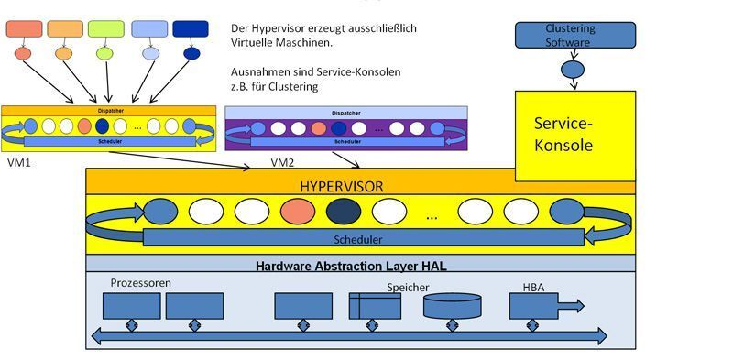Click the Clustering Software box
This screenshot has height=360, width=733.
[x=574, y=36]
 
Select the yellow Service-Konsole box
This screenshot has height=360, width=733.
[x=574, y=134]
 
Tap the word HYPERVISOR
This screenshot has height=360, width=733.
[x=342, y=186]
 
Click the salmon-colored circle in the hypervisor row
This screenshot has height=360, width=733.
[x=298, y=212]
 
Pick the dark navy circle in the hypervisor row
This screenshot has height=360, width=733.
[x=344, y=212]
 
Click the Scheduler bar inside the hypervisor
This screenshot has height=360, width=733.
[x=363, y=238]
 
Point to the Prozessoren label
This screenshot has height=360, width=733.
[x=140, y=283]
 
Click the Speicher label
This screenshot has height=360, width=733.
[x=408, y=287]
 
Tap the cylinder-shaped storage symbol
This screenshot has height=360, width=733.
[x=452, y=306]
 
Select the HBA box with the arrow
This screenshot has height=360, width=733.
[x=541, y=306]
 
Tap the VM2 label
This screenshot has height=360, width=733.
[x=284, y=163]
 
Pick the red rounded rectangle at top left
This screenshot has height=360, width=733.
[x=24, y=28]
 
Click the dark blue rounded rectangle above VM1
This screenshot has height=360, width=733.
[x=190, y=28]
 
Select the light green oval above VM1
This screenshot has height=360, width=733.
[x=104, y=53]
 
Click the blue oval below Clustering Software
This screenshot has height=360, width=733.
[x=573, y=69]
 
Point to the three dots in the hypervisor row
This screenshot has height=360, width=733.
[x=432, y=216]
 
